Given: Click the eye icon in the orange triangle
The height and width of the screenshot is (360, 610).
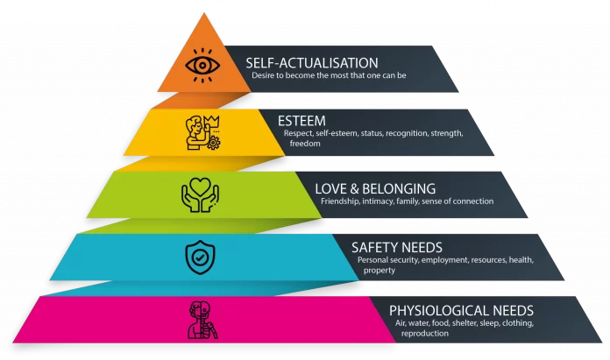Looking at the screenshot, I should coord(201,65).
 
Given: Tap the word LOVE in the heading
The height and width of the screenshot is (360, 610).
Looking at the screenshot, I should coord(332,187).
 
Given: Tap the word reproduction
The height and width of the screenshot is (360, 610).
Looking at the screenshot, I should coord(425,333).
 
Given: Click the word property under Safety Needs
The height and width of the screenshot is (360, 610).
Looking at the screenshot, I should coord(379,271).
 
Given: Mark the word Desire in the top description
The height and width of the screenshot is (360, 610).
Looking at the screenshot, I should coord(265,76).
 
